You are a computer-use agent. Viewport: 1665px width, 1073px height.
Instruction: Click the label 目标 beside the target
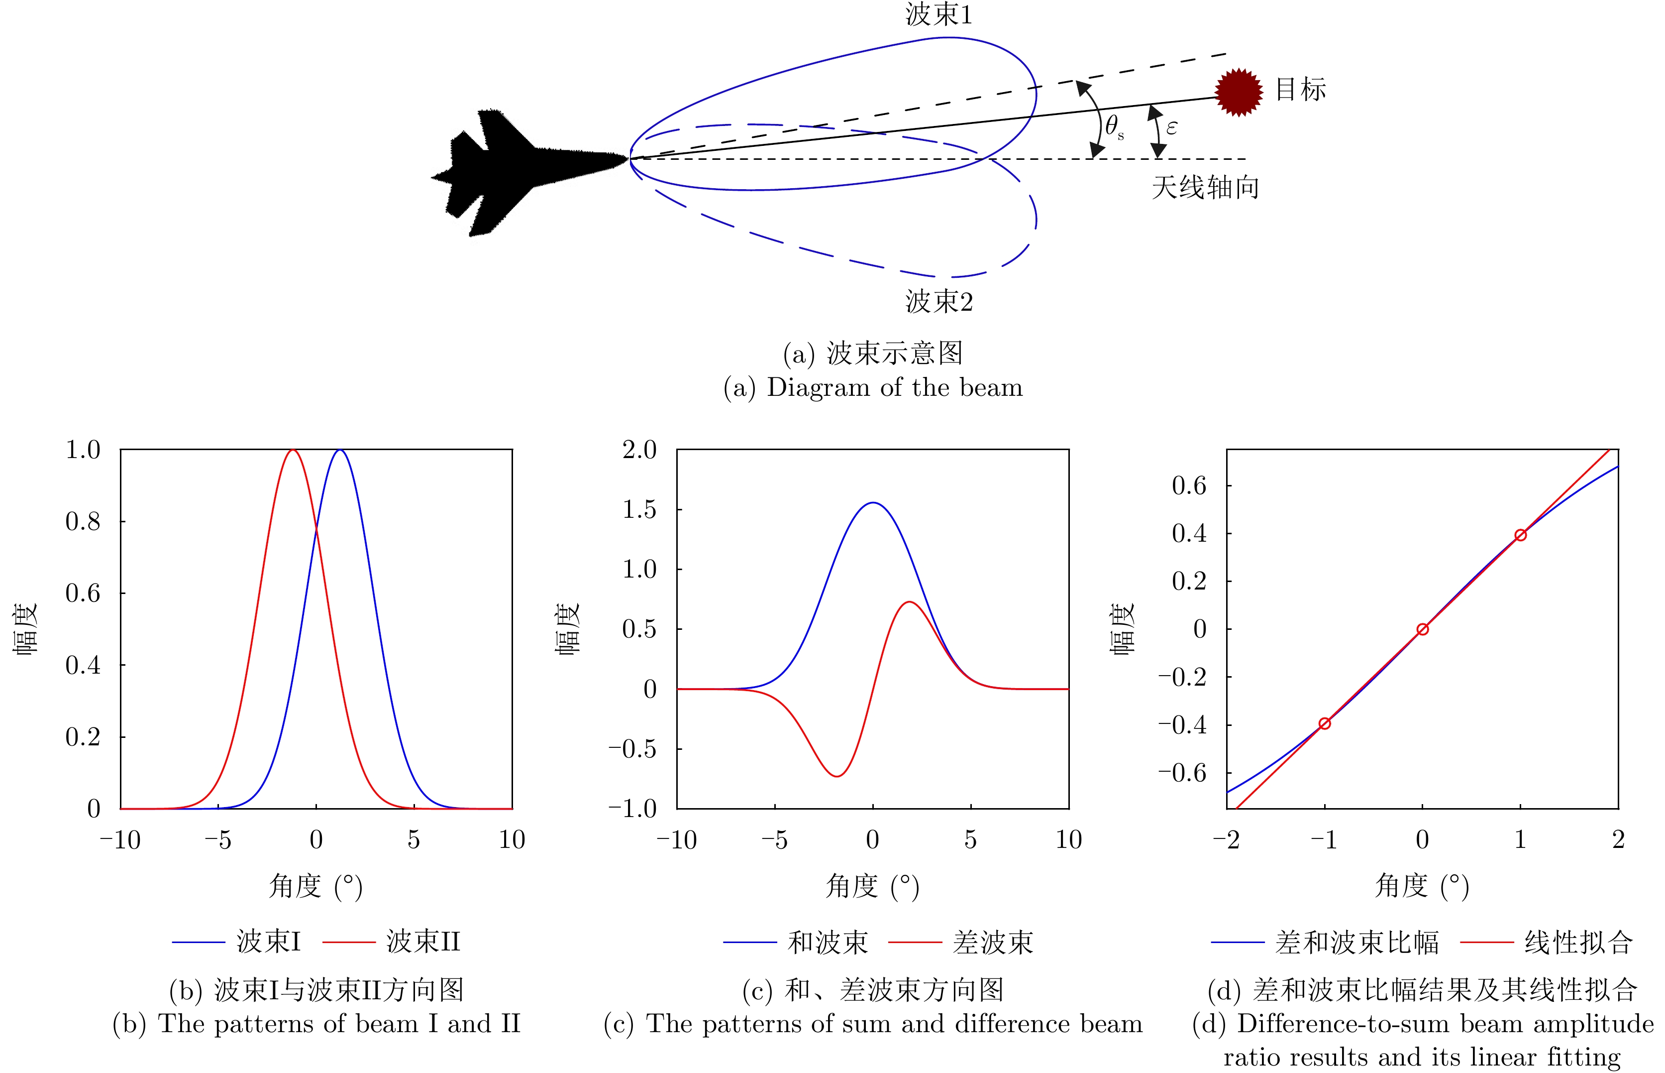click(1300, 89)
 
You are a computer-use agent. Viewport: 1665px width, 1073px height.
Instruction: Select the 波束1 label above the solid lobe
click(938, 14)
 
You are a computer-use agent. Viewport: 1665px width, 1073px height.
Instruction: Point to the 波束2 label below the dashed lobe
click(938, 301)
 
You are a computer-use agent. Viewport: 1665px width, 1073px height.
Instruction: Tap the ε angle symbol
click(1172, 127)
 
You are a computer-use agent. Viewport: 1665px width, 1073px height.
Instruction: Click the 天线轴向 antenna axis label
click(1205, 187)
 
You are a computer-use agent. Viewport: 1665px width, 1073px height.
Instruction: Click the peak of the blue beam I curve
click(339, 450)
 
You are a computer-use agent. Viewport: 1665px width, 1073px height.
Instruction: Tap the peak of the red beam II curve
click(293, 450)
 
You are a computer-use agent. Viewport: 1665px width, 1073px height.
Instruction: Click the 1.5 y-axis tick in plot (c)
click(639, 509)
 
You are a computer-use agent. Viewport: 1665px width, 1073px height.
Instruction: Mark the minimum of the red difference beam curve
click(836, 776)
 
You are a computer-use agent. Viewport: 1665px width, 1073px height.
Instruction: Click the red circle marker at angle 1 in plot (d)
click(1520, 535)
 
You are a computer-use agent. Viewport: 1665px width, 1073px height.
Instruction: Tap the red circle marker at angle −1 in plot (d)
click(1325, 724)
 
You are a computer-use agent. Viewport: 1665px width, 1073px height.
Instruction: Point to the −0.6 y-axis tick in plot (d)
click(1182, 773)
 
